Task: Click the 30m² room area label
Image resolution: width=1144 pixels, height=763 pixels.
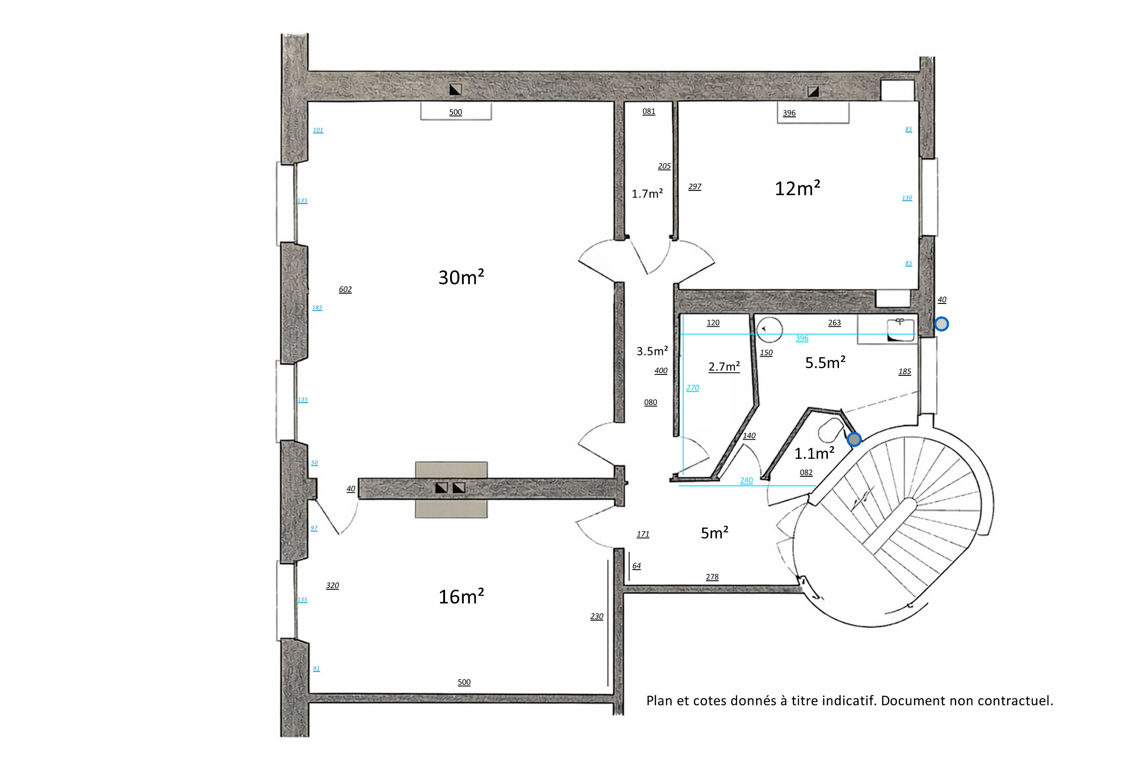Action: pos(461,277)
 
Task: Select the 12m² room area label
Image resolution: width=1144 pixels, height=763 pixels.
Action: pos(797,188)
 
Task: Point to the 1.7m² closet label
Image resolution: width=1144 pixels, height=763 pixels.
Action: pos(647,194)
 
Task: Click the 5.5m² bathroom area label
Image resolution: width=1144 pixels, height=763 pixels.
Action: pos(825,362)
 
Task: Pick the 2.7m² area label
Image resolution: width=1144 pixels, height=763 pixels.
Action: pos(724,367)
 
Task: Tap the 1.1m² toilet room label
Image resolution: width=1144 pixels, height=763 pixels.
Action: pos(814,453)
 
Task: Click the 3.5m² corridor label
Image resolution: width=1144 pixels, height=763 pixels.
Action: pos(652,351)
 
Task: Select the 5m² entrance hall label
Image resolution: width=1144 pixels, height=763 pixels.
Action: pos(714,533)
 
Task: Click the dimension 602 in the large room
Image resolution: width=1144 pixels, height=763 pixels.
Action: pos(345,289)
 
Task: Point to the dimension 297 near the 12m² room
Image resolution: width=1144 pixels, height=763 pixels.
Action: pos(694,186)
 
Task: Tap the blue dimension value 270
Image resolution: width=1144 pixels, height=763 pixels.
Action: pos(692,388)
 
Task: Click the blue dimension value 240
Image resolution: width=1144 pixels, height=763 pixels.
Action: pos(746,480)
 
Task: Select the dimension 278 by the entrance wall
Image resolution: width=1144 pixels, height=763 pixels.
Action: pos(712,577)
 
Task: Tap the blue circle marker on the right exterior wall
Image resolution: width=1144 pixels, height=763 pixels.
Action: pos(941,324)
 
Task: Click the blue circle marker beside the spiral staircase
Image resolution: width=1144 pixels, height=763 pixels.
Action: pos(854,439)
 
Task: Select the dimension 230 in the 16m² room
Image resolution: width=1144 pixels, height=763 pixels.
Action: pos(597,616)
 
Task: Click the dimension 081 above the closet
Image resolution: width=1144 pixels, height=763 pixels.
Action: pos(649,111)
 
